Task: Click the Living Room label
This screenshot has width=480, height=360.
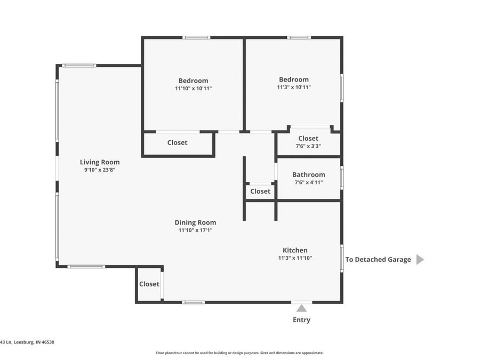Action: point(100,162)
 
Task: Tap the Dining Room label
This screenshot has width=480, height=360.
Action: point(195,222)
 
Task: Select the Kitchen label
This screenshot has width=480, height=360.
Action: point(295,250)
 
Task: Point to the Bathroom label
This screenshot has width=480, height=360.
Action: point(309,174)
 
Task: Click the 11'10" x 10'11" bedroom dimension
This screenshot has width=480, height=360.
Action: point(193,89)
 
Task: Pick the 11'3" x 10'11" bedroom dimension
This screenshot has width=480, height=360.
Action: point(293,87)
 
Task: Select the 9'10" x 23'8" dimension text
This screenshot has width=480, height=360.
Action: point(100,170)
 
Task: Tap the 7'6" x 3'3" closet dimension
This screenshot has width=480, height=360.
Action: point(308,146)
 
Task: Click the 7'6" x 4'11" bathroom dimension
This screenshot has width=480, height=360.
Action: point(309,182)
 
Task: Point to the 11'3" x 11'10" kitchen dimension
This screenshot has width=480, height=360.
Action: point(295,258)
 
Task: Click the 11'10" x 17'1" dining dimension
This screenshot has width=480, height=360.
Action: point(195,230)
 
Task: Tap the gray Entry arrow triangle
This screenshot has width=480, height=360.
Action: point(301,308)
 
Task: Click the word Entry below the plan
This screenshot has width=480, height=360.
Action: point(301,320)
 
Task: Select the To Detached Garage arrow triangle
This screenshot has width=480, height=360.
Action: point(420,260)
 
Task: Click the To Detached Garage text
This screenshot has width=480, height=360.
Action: point(378,260)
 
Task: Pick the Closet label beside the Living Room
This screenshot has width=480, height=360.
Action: point(178,142)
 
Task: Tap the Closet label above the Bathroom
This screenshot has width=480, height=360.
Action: point(308,139)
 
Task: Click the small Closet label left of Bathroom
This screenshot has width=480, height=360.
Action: point(260,191)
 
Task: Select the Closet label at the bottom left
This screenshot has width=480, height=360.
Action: point(149,284)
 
